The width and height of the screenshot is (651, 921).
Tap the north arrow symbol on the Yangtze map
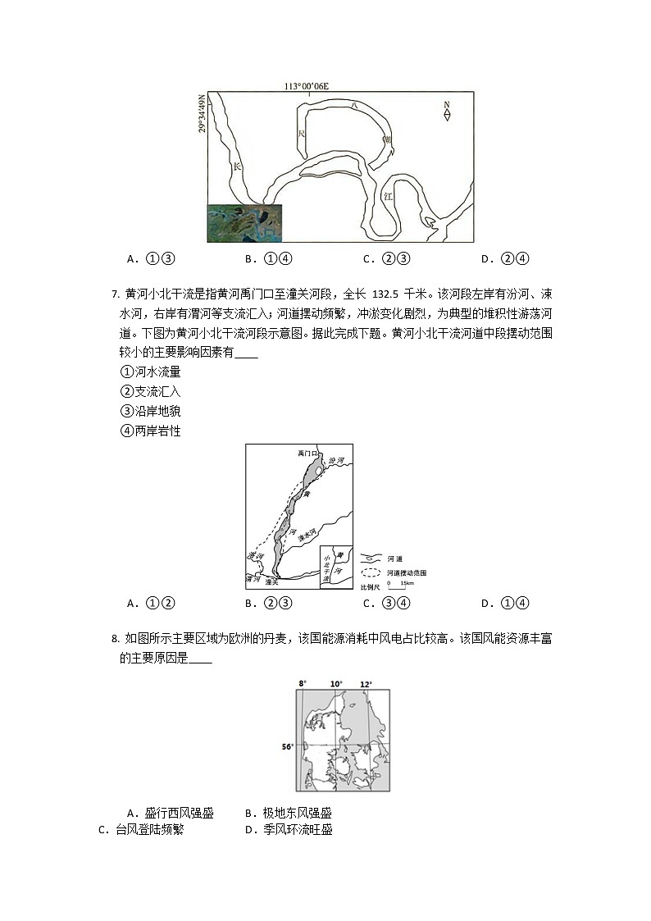click(447, 111)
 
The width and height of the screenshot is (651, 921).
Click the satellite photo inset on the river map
click(244, 223)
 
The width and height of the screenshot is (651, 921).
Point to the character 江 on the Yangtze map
click(389, 197)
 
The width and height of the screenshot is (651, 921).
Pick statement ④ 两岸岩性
click(151, 431)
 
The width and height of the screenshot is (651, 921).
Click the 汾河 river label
click(335, 463)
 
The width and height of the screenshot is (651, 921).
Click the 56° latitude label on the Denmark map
click(287, 746)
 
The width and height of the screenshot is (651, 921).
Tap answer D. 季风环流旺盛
click(289, 829)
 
